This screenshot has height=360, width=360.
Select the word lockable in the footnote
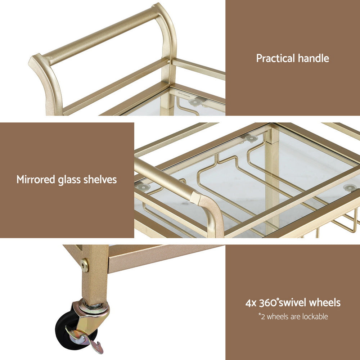tap(316, 317)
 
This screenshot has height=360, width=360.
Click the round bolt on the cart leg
tap(85, 265)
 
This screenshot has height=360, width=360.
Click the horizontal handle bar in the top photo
tap(101, 36)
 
